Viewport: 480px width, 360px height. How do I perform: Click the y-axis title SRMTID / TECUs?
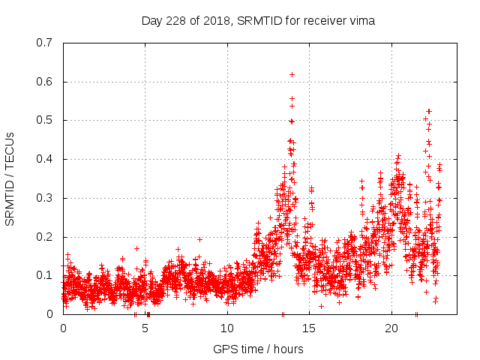[10, 178]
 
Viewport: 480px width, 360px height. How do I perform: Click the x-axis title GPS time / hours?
[258, 349]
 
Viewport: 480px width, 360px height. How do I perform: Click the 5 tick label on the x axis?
[145, 328]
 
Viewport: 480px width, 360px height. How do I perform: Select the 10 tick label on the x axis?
[227, 328]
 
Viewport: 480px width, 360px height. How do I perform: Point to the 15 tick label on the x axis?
[310, 328]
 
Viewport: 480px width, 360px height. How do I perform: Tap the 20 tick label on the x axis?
[391, 328]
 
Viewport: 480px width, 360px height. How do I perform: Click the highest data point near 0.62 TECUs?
[292, 74]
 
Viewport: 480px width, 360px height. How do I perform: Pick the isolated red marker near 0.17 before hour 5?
[136, 248]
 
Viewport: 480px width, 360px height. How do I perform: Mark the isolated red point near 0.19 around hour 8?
[199, 239]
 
